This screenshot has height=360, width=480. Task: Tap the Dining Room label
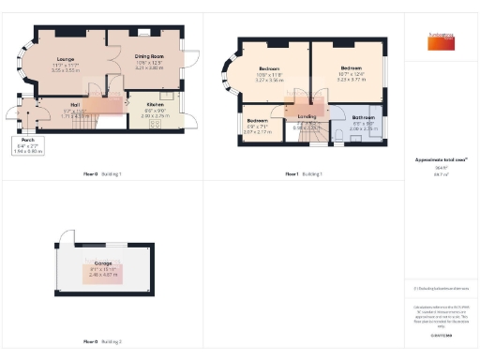(x=149, y=58)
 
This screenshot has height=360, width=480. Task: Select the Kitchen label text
(x=156, y=104)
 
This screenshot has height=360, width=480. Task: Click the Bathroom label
(x=363, y=117)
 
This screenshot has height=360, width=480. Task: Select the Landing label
(x=307, y=115)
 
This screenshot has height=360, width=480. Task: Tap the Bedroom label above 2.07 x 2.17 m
(x=257, y=119)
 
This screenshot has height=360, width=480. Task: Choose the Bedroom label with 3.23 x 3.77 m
(x=352, y=68)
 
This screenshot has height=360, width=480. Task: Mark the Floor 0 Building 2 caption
(x=103, y=342)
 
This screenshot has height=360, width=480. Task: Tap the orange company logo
(x=437, y=42)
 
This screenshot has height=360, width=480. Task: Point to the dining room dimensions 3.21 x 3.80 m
(x=149, y=69)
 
